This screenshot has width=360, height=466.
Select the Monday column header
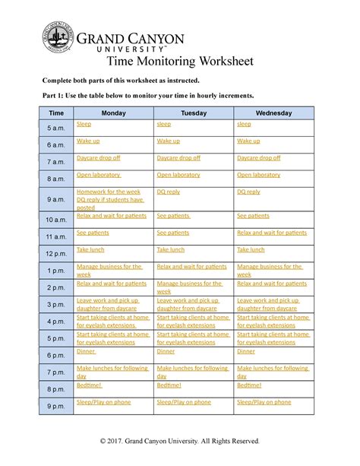pyautogui.click(x=113, y=113)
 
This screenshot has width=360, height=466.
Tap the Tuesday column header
pyautogui.click(x=193, y=113)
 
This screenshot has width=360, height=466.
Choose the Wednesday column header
pyautogui.click(x=273, y=113)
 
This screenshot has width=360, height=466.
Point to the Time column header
pyautogui.click(x=56, y=113)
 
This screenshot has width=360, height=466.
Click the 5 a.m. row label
pyautogui.click(x=56, y=127)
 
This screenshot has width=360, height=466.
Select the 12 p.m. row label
pyautogui.click(x=56, y=253)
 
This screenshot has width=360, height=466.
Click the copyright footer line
pyautogui.click(x=180, y=441)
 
